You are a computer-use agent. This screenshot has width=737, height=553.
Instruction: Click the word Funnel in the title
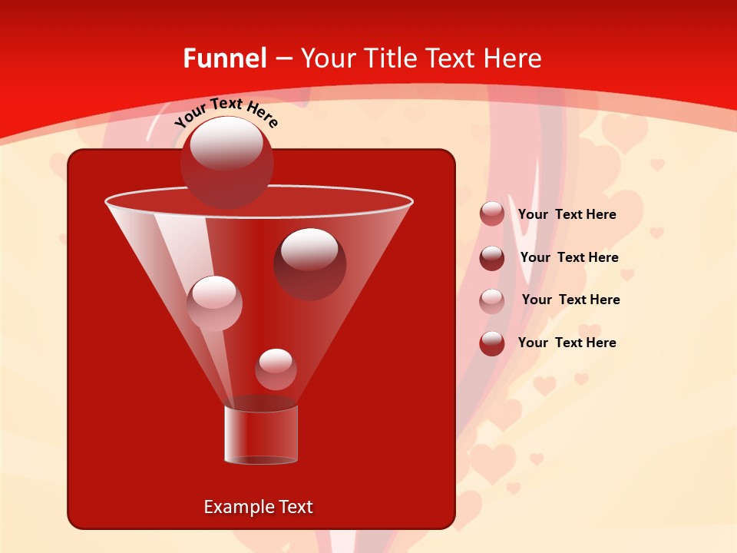[225, 58]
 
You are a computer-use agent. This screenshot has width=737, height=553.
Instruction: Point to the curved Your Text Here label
[226, 112]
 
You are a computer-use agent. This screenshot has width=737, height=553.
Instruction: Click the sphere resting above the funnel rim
[226, 162]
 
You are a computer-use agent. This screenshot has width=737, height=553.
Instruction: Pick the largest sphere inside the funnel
[309, 263]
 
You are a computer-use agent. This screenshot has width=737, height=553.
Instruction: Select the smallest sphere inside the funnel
[276, 369]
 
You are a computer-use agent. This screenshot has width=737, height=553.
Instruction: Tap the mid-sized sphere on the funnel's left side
[214, 303]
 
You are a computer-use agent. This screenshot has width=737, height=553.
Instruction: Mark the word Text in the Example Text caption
[295, 507]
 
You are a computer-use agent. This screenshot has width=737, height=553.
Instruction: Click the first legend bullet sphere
[492, 214]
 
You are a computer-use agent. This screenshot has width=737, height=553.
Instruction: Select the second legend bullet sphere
[492, 257]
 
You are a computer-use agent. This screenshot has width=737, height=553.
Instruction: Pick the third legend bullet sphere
[492, 300]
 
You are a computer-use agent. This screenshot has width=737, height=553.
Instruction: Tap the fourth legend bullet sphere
[492, 343]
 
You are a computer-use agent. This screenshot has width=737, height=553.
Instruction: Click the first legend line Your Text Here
[567, 215]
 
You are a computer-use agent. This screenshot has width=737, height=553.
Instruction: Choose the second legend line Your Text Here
[569, 257]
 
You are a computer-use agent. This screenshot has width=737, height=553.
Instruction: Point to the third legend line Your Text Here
[570, 300]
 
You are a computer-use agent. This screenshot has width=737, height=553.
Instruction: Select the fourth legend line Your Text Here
[567, 343]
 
